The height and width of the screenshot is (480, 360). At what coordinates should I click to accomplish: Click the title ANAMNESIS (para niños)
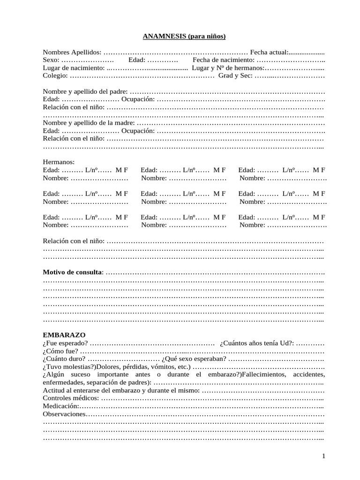[184, 36]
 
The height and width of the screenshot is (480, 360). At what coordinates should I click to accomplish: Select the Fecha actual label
[269, 52]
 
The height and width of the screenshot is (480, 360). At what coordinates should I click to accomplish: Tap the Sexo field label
[51, 60]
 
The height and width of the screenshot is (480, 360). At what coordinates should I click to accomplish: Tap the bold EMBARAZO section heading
[64, 336]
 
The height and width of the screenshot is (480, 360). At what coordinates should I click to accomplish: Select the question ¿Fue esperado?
[65, 344]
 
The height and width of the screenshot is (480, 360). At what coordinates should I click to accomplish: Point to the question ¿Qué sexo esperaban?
[194, 359]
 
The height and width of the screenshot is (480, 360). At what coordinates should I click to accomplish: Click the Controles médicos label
[71, 398]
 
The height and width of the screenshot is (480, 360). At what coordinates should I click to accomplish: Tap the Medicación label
[61, 406]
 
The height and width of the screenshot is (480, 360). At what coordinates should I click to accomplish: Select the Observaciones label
[64, 414]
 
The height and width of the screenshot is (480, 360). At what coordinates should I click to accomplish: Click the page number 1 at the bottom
[323, 456]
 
